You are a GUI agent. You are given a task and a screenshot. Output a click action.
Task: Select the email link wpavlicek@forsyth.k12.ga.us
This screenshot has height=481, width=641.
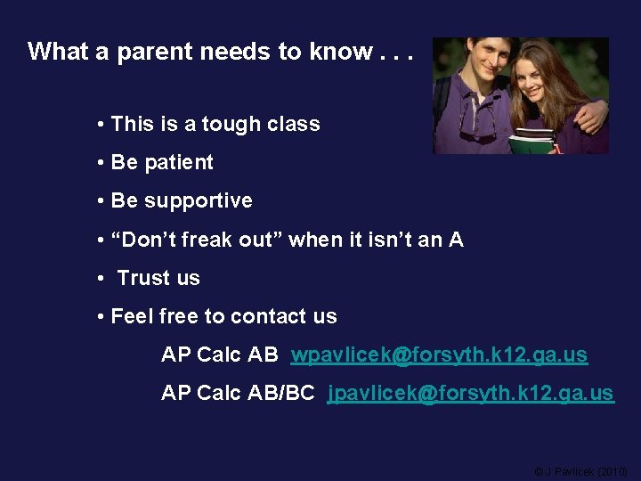click(439, 355)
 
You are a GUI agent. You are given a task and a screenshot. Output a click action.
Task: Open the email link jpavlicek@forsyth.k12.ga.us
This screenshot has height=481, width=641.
click(470, 393)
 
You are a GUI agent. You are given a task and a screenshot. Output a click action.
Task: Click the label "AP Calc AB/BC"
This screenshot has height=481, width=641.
click(238, 393)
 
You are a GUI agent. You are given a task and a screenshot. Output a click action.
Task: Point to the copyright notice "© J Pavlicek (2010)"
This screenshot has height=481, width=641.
click(580, 470)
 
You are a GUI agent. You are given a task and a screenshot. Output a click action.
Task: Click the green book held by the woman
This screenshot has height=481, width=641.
click(532, 141)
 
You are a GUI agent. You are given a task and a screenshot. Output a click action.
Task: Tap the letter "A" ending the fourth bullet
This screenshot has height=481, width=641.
click(456, 240)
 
